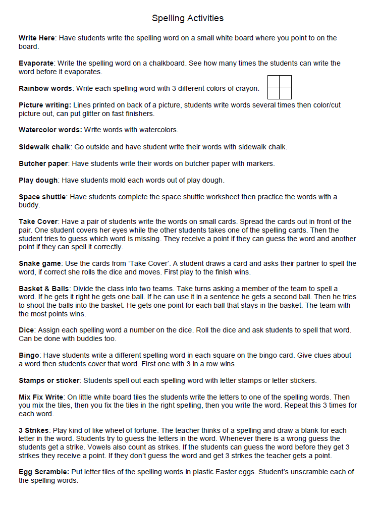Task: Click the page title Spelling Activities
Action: tap(188, 18)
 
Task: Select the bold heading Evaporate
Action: tap(37, 64)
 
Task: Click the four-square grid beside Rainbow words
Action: tap(280, 87)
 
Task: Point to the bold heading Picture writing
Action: tap(45, 105)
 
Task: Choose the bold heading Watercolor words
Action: tap(50, 130)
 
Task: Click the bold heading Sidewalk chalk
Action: tap(44, 147)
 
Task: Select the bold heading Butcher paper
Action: tap(44, 163)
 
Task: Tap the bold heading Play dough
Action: tap(38, 180)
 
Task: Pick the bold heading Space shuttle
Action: tap(42, 197)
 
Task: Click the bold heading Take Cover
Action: tap(38, 221)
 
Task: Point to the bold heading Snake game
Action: tap(40, 263)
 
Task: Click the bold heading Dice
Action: tap(26, 330)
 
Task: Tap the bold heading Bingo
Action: tap(28, 355)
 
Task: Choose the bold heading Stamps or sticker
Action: tap(49, 380)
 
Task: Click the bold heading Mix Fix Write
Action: tap(42, 397)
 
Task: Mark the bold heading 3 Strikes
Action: tap(34, 430)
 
